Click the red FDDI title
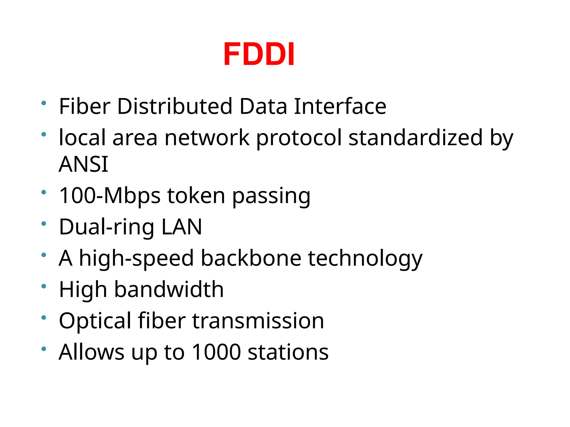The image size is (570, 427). (259, 54)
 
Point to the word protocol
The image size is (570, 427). (299, 138)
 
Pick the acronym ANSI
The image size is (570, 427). (83, 164)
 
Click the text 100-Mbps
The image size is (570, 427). (110, 196)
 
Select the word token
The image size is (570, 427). (196, 196)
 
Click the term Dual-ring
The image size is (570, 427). (107, 227)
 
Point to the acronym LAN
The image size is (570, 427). (182, 227)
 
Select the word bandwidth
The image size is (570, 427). (169, 289)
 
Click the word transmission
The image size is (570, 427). (258, 321)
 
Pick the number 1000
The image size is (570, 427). (216, 352)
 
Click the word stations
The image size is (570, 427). (288, 352)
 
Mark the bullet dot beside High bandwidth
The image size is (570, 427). (44, 286)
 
